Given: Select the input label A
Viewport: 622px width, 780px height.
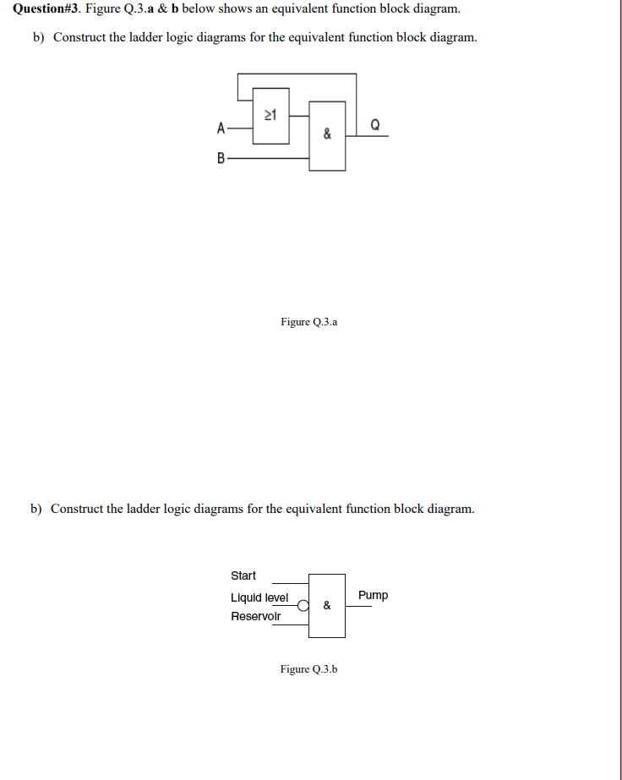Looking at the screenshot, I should pyautogui.click(x=221, y=129).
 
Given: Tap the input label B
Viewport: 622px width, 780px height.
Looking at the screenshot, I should pyautogui.click(x=221, y=158).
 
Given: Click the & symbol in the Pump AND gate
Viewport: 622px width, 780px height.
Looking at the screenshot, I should pyautogui.click(x=327, y=605).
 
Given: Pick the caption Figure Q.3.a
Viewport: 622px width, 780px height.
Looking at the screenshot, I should pyautogui.click(x=308, y=322).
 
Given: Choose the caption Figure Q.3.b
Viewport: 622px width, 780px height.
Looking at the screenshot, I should pyautogui.click(x=308, y=669).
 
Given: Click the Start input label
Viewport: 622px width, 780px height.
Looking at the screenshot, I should pyautogui.click(x=243, y=575).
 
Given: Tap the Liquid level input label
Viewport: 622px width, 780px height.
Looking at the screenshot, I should pyautogui.click(x=259, y=597).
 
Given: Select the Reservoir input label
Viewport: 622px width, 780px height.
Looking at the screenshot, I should pyautogui.click(x=255, y=616).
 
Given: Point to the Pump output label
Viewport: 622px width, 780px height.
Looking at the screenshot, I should pyautogui.click(x=373, y=595).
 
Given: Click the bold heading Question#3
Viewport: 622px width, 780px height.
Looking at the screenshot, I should pyautogui.click(x=46, y=9).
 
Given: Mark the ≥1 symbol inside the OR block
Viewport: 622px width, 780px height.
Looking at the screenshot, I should pyautogui.click(x=270, y=114).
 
